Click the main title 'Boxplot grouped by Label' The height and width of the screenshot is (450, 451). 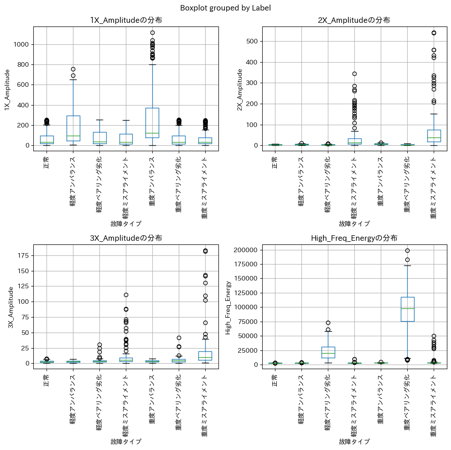(225, 8)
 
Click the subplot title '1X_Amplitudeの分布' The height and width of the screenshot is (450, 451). (126, 20)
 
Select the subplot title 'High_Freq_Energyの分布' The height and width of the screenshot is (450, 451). (354, 238)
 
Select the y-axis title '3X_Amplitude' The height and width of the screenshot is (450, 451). (11, 307)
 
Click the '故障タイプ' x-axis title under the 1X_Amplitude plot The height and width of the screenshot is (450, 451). (126, 224)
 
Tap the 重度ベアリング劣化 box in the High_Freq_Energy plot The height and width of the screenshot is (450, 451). (407, 309)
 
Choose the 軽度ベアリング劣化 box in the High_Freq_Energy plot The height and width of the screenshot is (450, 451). (328, 352)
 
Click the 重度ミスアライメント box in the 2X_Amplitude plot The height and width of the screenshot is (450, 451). (434, 136)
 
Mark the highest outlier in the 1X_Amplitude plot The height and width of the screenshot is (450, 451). (152, 33)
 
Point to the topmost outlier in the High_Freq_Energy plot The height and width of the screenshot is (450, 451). (407, 250)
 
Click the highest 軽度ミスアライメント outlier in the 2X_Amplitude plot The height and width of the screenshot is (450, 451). (354, 74)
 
